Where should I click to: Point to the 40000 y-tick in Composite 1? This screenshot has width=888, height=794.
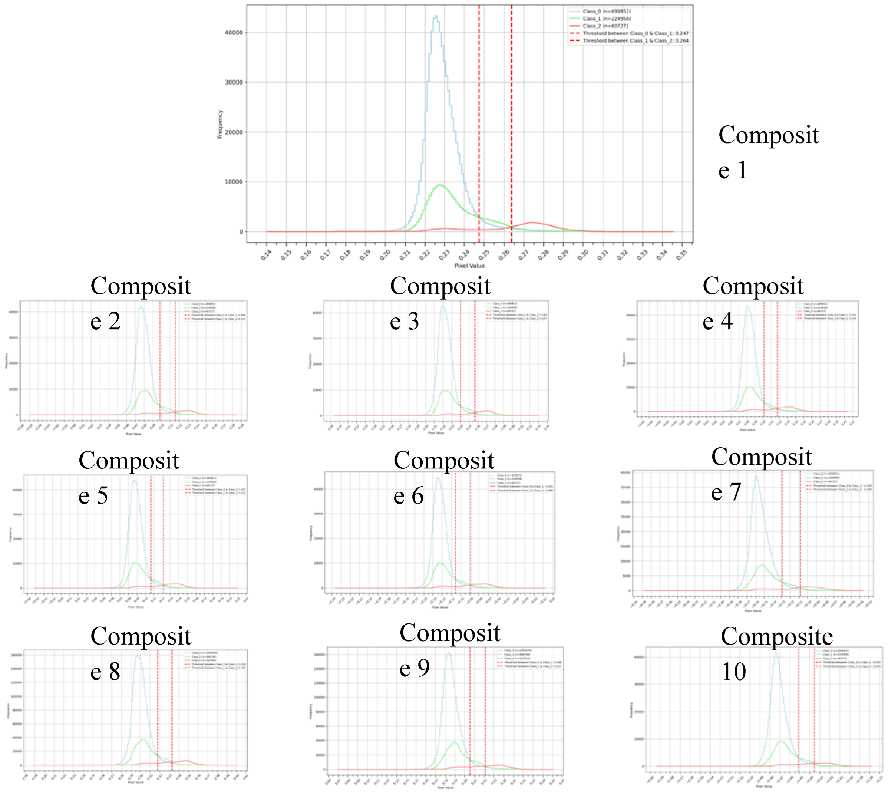pos(233,33)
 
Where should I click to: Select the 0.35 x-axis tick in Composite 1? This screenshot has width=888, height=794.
pos(681,255)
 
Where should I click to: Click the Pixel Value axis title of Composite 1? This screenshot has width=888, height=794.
pos(469,266)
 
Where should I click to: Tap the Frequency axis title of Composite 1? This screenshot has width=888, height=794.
pos(220,124)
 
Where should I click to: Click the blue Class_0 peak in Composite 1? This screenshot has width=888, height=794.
pos(435,17)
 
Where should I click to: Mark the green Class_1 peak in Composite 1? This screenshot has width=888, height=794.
pos(440,185)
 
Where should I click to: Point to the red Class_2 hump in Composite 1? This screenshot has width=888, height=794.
pos(532,223)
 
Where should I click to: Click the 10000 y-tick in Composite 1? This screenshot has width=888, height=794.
pos(233,182)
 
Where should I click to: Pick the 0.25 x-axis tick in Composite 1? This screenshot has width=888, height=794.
pos(483,255)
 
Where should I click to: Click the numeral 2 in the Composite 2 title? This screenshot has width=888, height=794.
pos(114,322)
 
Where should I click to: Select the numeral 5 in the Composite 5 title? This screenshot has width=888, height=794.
pos(102,496)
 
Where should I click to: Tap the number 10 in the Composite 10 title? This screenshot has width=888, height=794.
pos(734,671)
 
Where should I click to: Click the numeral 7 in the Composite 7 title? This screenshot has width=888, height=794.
pos(735,492)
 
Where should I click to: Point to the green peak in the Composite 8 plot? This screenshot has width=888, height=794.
pos(143,740)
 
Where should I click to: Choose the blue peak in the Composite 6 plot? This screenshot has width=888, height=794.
pos(438,478)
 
